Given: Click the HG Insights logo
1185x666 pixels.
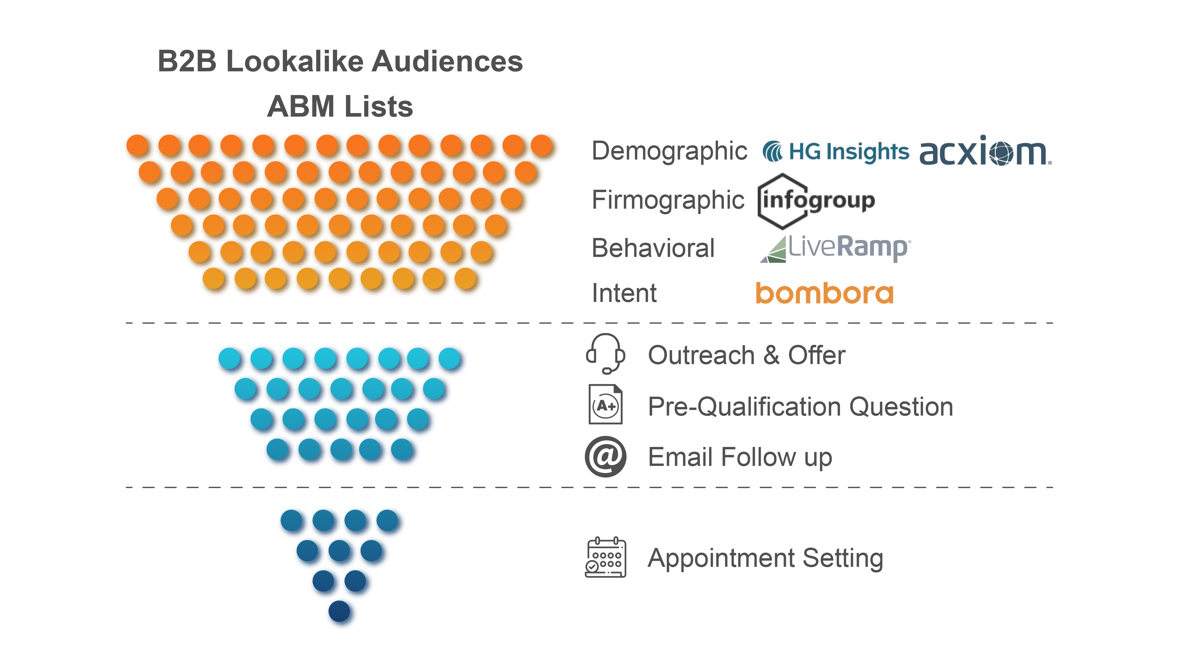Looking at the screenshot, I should (835, 152).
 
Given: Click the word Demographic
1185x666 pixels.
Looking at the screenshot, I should (669, 151).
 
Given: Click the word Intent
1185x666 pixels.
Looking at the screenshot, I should (624, 293).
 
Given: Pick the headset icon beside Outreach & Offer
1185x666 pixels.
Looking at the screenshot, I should (605, 354).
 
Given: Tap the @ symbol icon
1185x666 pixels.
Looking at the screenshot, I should (605, 456).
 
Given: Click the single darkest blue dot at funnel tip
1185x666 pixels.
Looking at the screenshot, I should (340, 611).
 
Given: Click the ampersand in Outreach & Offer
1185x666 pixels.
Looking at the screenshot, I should (771, 355).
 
